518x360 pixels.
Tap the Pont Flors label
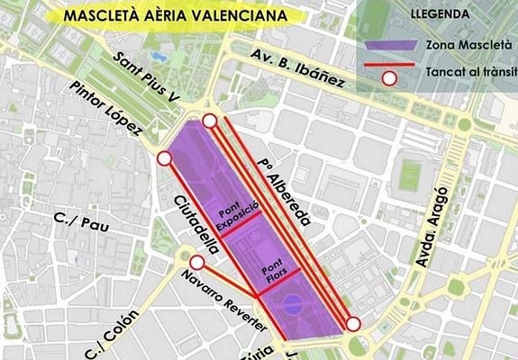click(x=271, y=275)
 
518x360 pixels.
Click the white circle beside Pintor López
click(x=164, y=159)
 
